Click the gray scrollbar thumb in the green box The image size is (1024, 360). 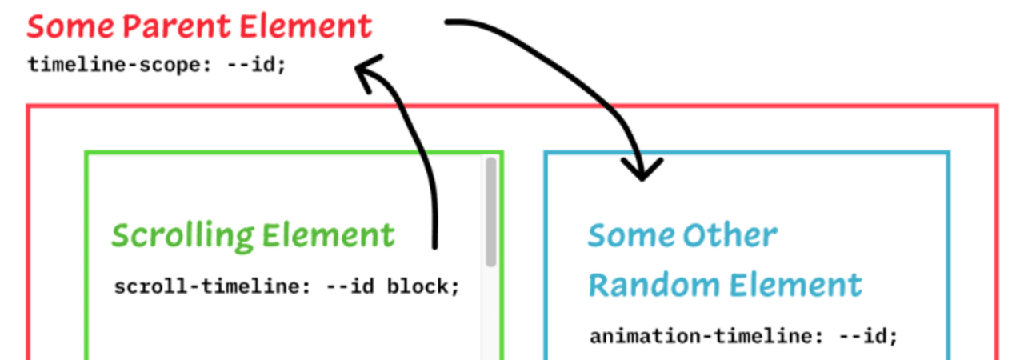point(490,212)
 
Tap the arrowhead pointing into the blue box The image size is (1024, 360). point(642,170)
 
